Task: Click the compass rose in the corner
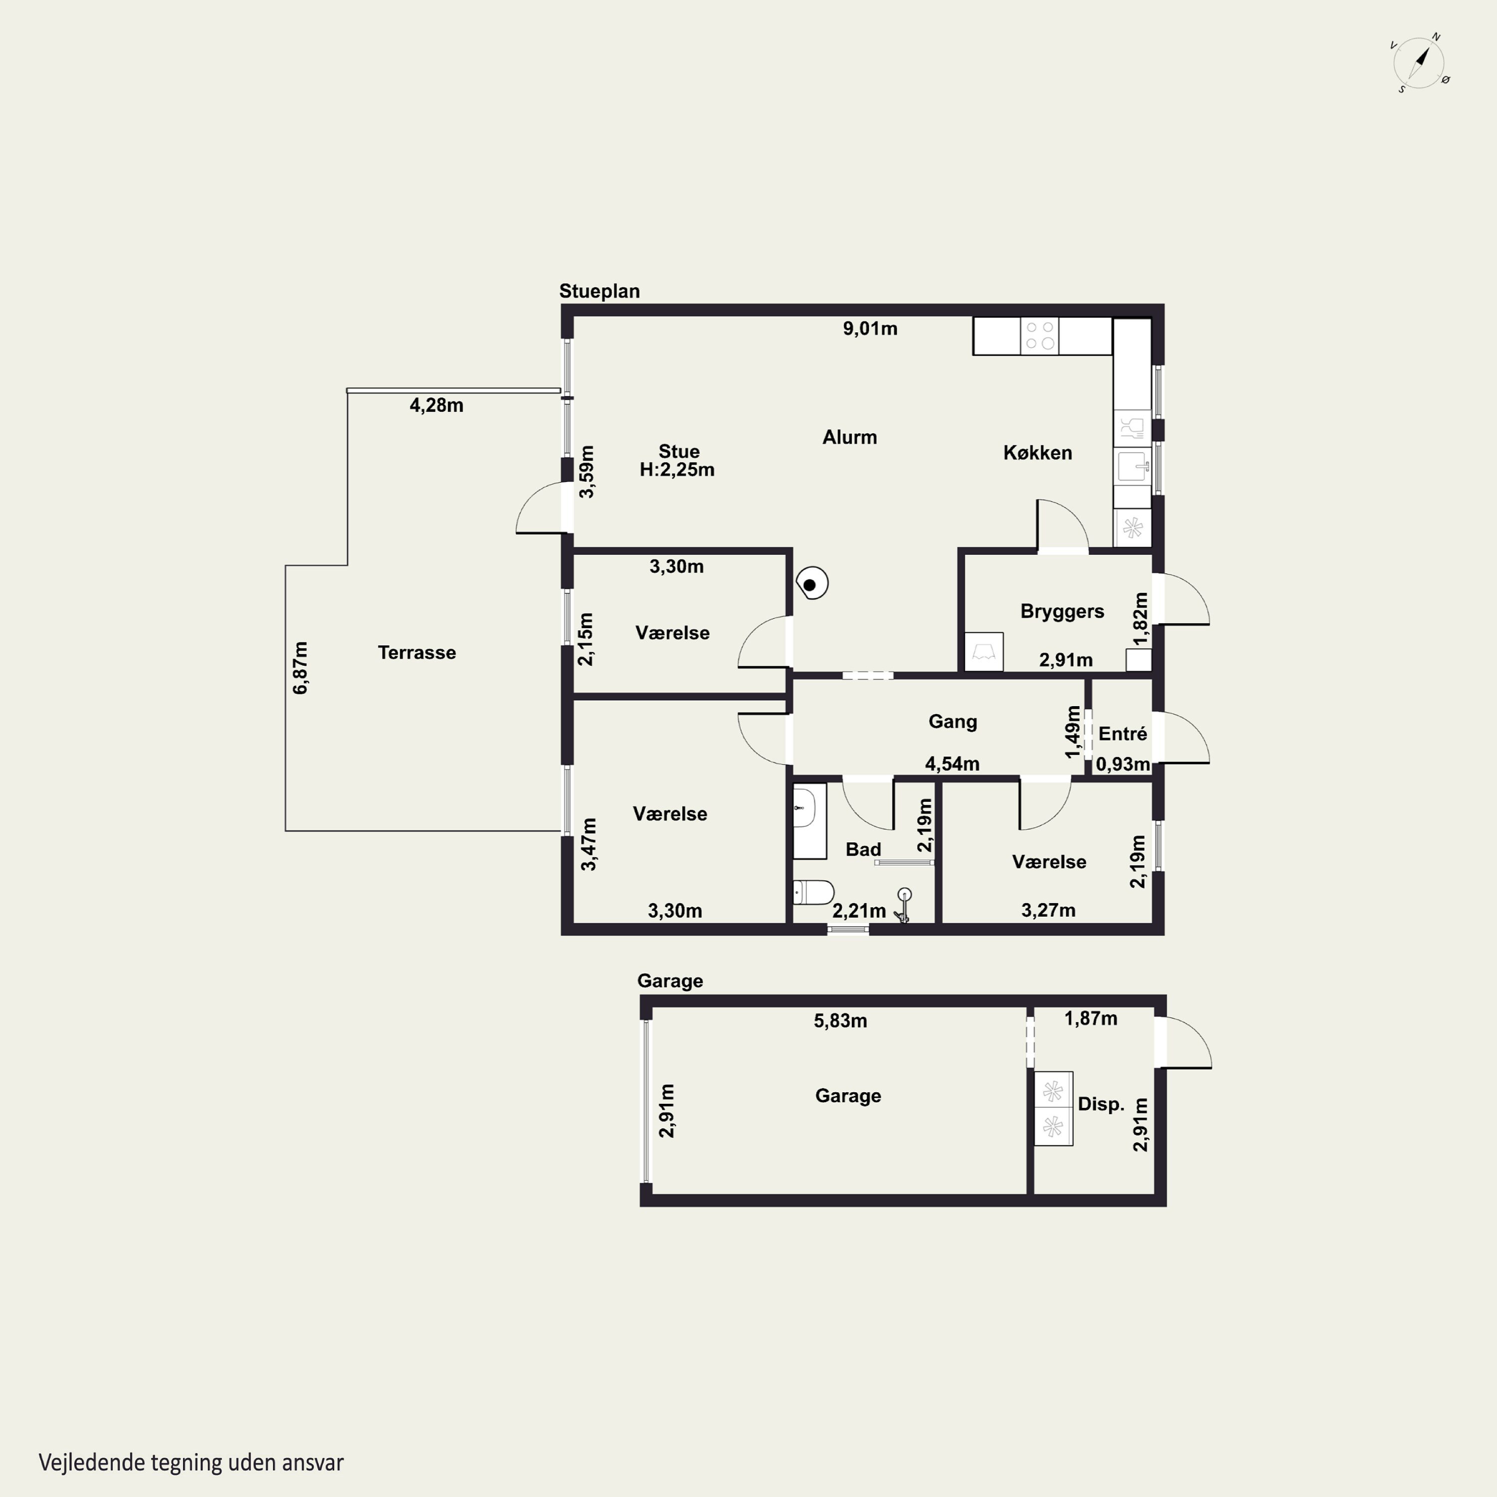tap(1420, 63)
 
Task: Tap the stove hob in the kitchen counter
tap(1039, 336)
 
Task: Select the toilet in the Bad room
tap(813, 893)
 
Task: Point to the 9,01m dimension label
tap(870, 328)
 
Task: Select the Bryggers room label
tap(1062, 611)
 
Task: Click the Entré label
tap(1123, 733)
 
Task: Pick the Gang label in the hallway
tap(953, 722)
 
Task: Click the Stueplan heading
tap(600, 291)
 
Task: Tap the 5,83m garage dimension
tap(841, 1021)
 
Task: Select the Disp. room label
tap(1101, 1104)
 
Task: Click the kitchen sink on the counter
tap(1132, 466)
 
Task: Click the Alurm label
tap(850, 437)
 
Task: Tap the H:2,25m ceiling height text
tap(677, 470)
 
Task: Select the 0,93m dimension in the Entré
tap(1123, 764)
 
